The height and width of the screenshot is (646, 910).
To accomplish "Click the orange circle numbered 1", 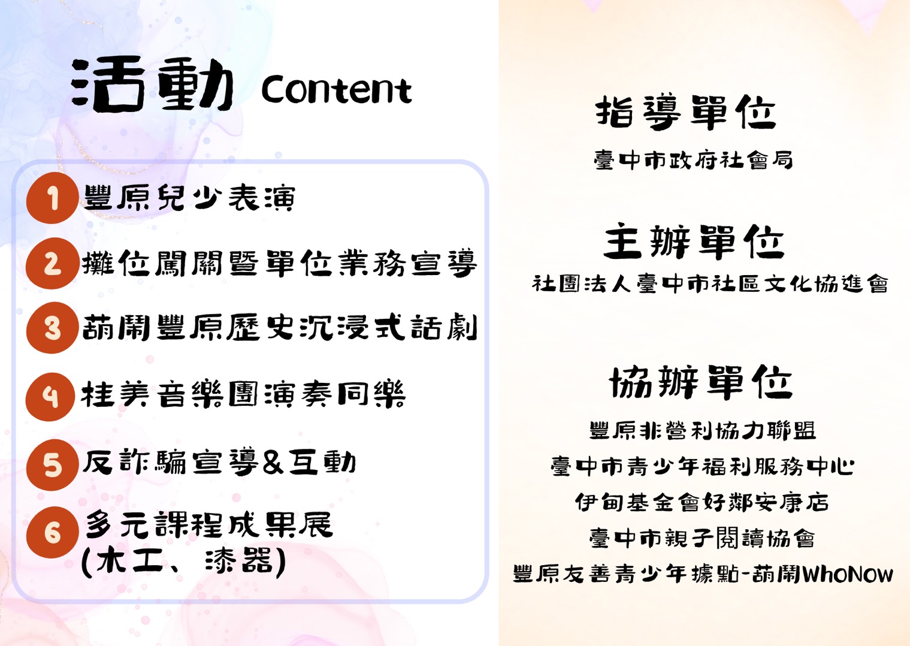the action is point(52,198).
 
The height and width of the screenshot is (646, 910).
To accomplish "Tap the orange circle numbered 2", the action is point(52,263).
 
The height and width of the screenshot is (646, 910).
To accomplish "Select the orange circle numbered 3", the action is point(52,327).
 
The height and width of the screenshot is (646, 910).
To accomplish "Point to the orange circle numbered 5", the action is point(52,465).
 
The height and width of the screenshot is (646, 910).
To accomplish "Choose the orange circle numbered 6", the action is point(52,532).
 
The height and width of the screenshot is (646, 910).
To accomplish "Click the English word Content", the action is point(337,89).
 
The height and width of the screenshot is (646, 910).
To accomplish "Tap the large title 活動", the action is point(152,84).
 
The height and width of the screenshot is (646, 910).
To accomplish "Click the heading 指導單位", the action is point(686,112).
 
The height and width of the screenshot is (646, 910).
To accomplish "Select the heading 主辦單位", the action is point(694,242).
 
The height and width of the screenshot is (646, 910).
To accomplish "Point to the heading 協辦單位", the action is point(701,382).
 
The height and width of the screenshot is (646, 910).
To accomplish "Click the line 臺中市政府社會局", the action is point(693,160).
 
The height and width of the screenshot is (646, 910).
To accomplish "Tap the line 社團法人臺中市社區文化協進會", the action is point(710,283).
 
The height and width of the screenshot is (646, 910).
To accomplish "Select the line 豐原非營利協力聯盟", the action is point(702,431).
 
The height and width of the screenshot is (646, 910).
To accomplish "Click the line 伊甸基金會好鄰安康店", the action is point(702,502).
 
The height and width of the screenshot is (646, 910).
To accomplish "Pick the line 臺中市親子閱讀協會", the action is point(702,538).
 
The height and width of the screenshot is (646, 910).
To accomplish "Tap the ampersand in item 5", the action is point(273,464).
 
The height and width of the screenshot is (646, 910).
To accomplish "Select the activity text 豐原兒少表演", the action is point(189,198).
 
